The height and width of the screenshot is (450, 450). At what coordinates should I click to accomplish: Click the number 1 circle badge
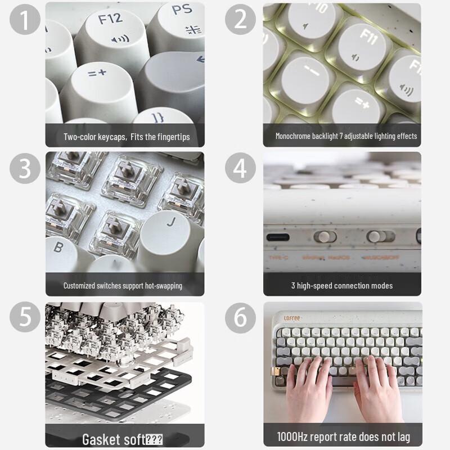point(25,19)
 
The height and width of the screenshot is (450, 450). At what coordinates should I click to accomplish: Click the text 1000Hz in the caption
point(294,436)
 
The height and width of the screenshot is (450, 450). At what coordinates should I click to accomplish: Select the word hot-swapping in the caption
point(164,286)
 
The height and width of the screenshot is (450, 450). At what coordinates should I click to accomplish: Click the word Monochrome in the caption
point(292,136)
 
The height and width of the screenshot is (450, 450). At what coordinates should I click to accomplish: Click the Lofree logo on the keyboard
point(291,318)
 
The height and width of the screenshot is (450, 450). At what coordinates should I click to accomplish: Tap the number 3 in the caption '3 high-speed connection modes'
point(293,286)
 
